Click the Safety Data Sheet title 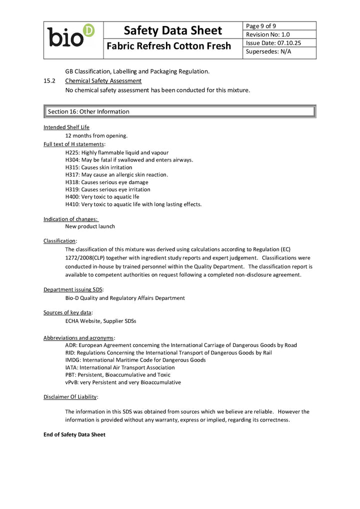172,30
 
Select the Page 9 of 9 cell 261,26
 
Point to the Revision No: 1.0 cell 268,34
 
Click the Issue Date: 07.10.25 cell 273,43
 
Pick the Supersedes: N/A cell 268,51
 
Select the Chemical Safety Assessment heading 103,80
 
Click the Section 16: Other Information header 88,111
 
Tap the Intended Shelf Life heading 66,127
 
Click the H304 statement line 129,160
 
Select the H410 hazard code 72,204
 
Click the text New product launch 90,226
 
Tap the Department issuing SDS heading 73,289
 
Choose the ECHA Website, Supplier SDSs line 100,321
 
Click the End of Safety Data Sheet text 74,434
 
